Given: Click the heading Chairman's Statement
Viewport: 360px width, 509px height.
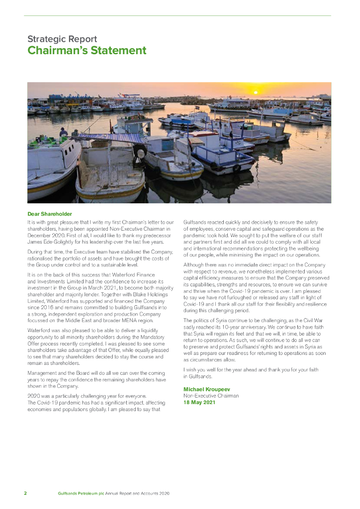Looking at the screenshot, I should [x=87, y=51].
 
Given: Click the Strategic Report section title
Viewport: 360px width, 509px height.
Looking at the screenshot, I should [x=62, y=39].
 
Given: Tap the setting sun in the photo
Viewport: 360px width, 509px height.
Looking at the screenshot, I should [x=256, y=92].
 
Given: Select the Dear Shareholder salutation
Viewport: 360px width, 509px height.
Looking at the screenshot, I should [x=50, y=214].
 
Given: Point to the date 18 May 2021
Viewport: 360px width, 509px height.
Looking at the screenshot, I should [x=199, y=402].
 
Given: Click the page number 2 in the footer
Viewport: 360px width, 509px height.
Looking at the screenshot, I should [x=25, y=494].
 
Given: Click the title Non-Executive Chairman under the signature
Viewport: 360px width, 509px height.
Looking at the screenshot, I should [x=211, y=396].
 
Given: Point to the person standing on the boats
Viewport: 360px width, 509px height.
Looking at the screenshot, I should [x=63, y=132].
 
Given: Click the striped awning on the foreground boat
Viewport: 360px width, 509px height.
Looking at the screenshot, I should [x=107, y=137].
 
